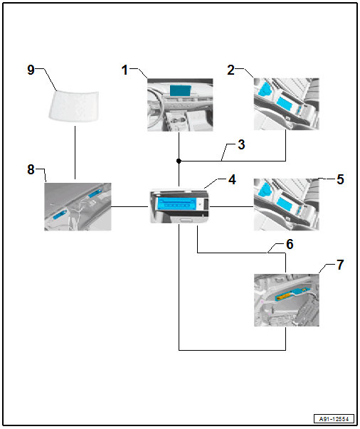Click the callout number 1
tap(125, 70)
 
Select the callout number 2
tap(231, 70)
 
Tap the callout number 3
tap(241, 144)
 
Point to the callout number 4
tap(232, 180)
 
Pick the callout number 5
tap(340, 179)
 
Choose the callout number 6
tap(290, 244)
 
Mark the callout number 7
tap(340, 265)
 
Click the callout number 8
tap(31, 169)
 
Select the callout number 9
tap(31, 70)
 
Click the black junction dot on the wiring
tap(179, 161)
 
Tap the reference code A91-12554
tap(334, 419)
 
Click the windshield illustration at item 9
tap(74, 105)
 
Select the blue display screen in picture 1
tap(180, 90)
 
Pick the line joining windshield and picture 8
tap(75, 152)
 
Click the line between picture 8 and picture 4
tap(129, 206)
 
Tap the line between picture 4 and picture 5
tap(231, 206)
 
